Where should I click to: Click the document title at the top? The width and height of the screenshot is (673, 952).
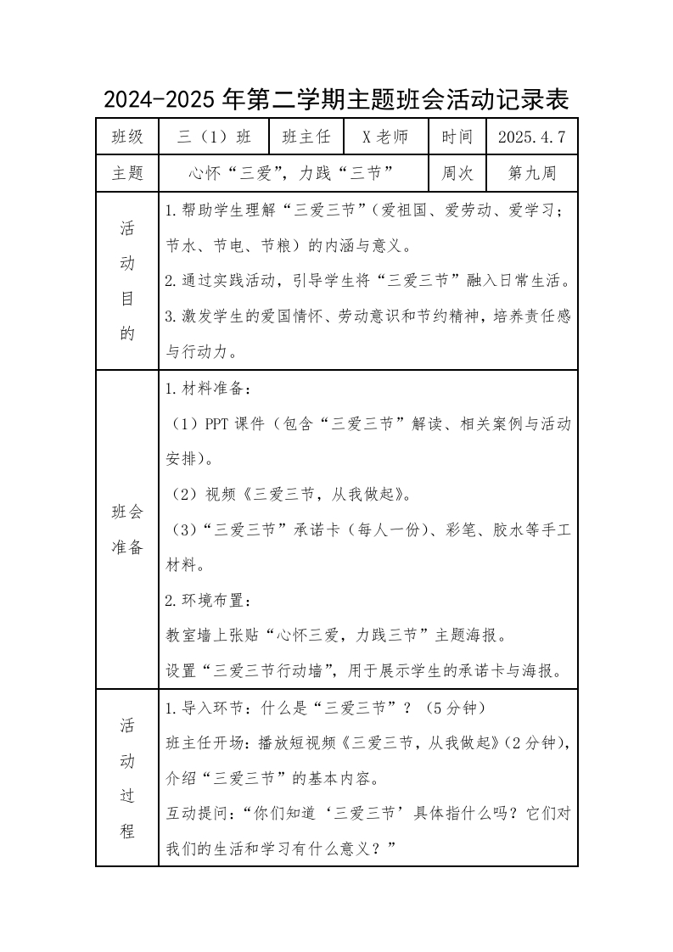coord(336,100)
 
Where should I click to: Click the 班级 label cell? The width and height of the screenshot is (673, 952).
coord(127,137)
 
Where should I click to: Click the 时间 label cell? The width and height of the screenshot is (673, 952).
coord(457,137)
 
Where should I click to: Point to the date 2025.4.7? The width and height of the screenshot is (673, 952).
coord(531,137)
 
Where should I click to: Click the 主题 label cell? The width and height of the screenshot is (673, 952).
coord(127,174)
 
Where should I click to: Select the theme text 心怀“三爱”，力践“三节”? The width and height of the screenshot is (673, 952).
coord(294,174)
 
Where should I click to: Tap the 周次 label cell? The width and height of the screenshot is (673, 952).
coord(457,174)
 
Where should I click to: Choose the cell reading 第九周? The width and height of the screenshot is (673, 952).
coord(531,174)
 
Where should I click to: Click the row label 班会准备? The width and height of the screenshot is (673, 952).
coord(127,529)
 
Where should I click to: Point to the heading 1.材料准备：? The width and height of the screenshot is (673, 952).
coord(208,389)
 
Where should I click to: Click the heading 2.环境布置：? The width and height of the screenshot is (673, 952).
coord(208,601)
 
